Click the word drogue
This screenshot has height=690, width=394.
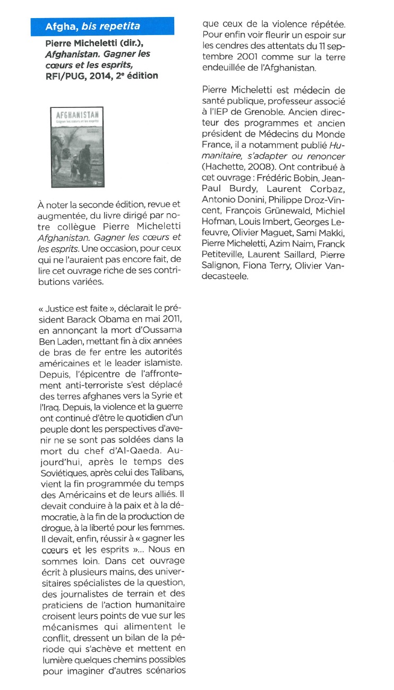click(55, 526)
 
